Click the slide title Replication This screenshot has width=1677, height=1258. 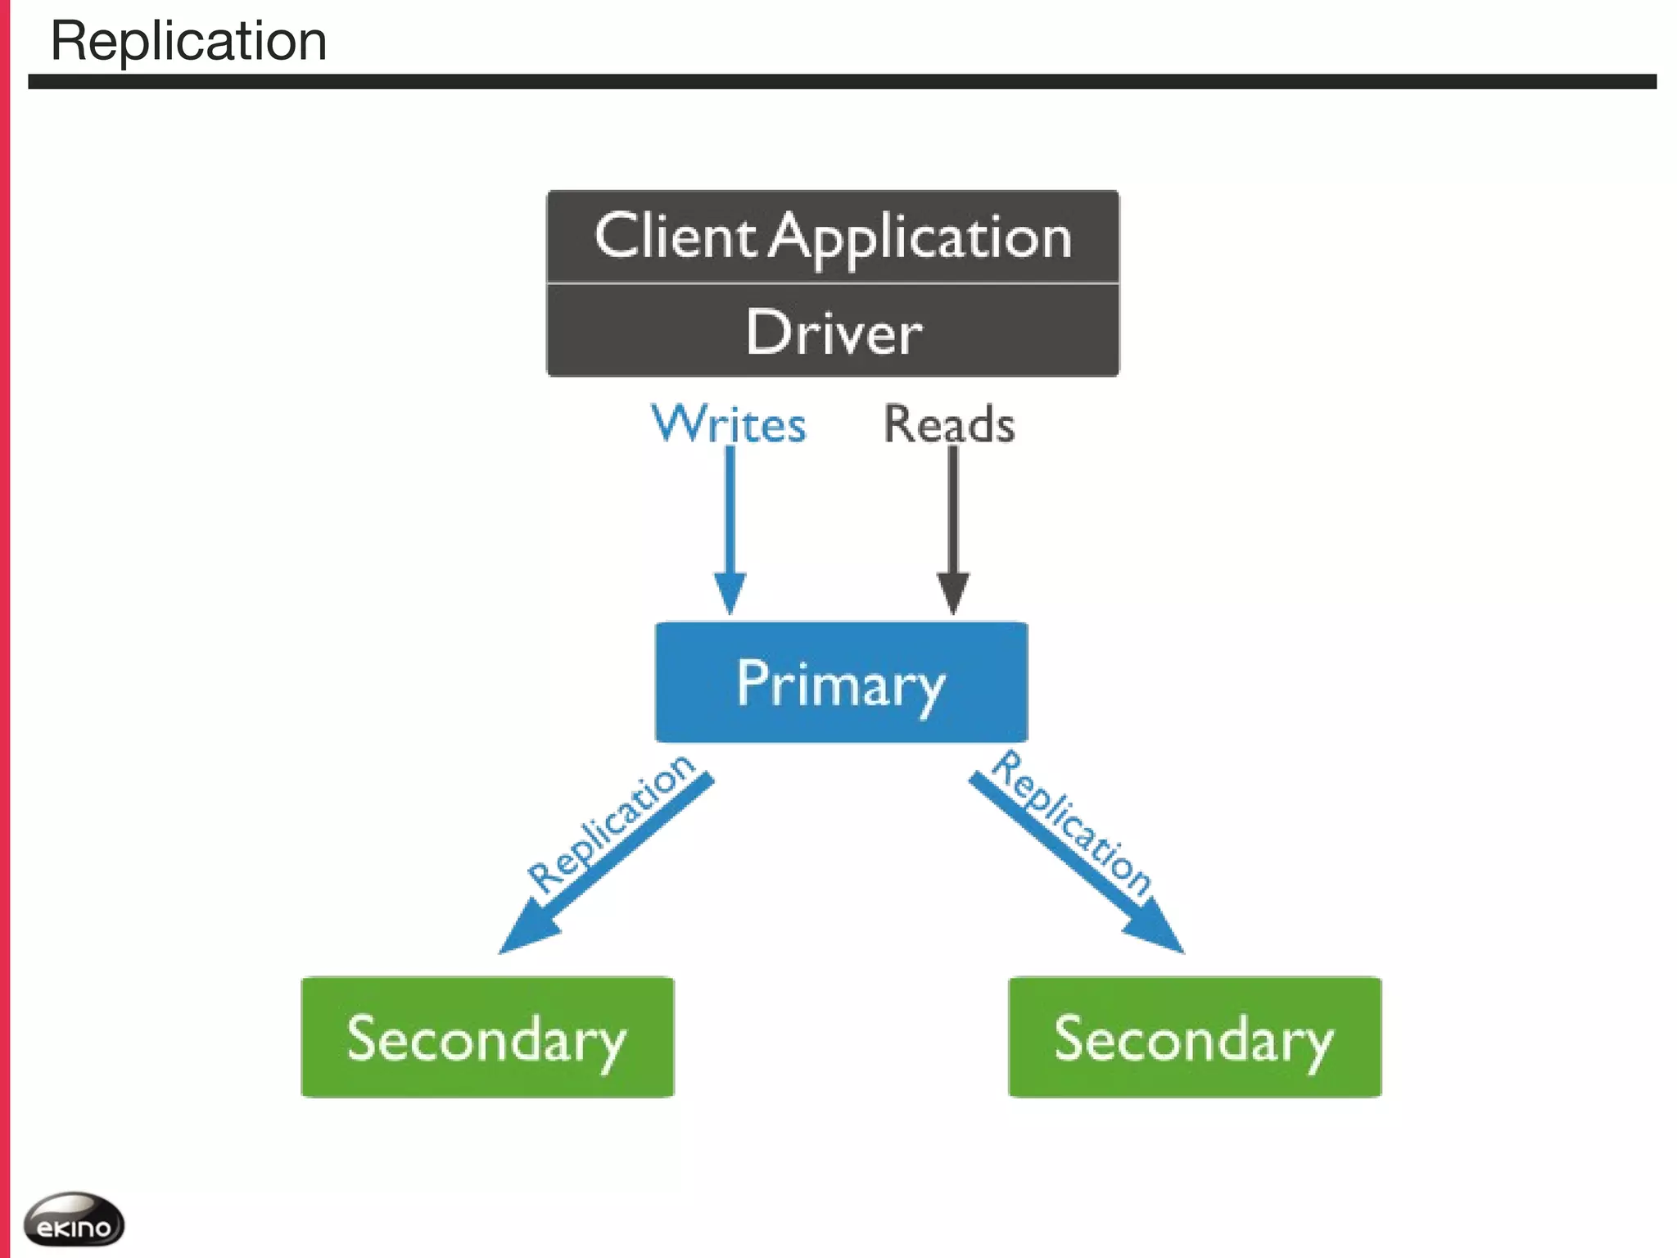click(188, 41)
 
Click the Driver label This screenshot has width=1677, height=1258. click(833, 333)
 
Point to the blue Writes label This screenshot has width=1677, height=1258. click(728, 424)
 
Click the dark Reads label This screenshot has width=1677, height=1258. click(948, 424)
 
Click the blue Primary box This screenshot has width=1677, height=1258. click(841, 682)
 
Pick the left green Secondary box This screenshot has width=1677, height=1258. click(487, 1037)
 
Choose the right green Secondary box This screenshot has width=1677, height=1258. click(1195, 1037)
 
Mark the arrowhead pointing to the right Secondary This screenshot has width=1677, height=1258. click(1156, 930)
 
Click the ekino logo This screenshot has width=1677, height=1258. click(74, 1220)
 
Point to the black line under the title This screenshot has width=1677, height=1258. click(842, 82)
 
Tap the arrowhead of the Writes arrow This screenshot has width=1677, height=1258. click(730, 593)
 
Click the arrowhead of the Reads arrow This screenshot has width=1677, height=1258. click(952, 593)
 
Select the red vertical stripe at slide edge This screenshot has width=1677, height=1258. click(4, 629)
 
